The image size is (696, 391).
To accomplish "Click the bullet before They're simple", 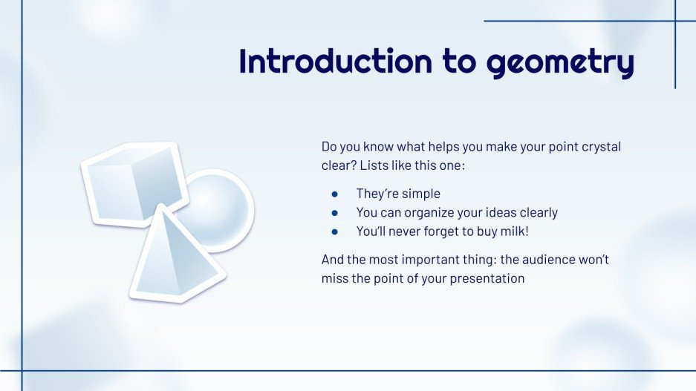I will point(335,194).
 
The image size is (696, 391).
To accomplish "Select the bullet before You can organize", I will point(335,213).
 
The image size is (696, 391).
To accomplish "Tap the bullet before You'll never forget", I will point(335,231).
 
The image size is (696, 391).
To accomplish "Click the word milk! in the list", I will point(513,231).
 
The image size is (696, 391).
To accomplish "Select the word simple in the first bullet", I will point(421,194).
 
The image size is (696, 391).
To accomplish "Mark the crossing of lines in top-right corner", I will point(675,21).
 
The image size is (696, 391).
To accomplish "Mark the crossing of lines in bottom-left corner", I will point(22,370).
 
